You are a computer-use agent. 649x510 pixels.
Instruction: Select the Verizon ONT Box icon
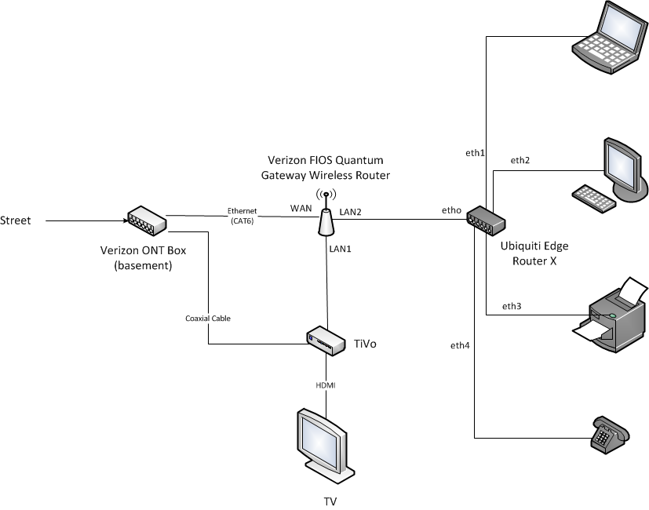(146, 220)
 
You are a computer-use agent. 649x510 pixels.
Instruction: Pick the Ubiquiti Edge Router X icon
(485, 220)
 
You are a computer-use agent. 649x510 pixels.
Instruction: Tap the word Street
(16, 220)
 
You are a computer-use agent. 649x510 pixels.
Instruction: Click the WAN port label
(301, 208)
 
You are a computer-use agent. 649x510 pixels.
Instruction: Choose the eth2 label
(520, 160)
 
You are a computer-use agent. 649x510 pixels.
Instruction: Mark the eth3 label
(511, 306)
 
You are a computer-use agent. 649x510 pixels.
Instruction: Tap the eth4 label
(461, 345)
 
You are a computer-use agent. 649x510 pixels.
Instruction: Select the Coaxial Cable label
(208, 319)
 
